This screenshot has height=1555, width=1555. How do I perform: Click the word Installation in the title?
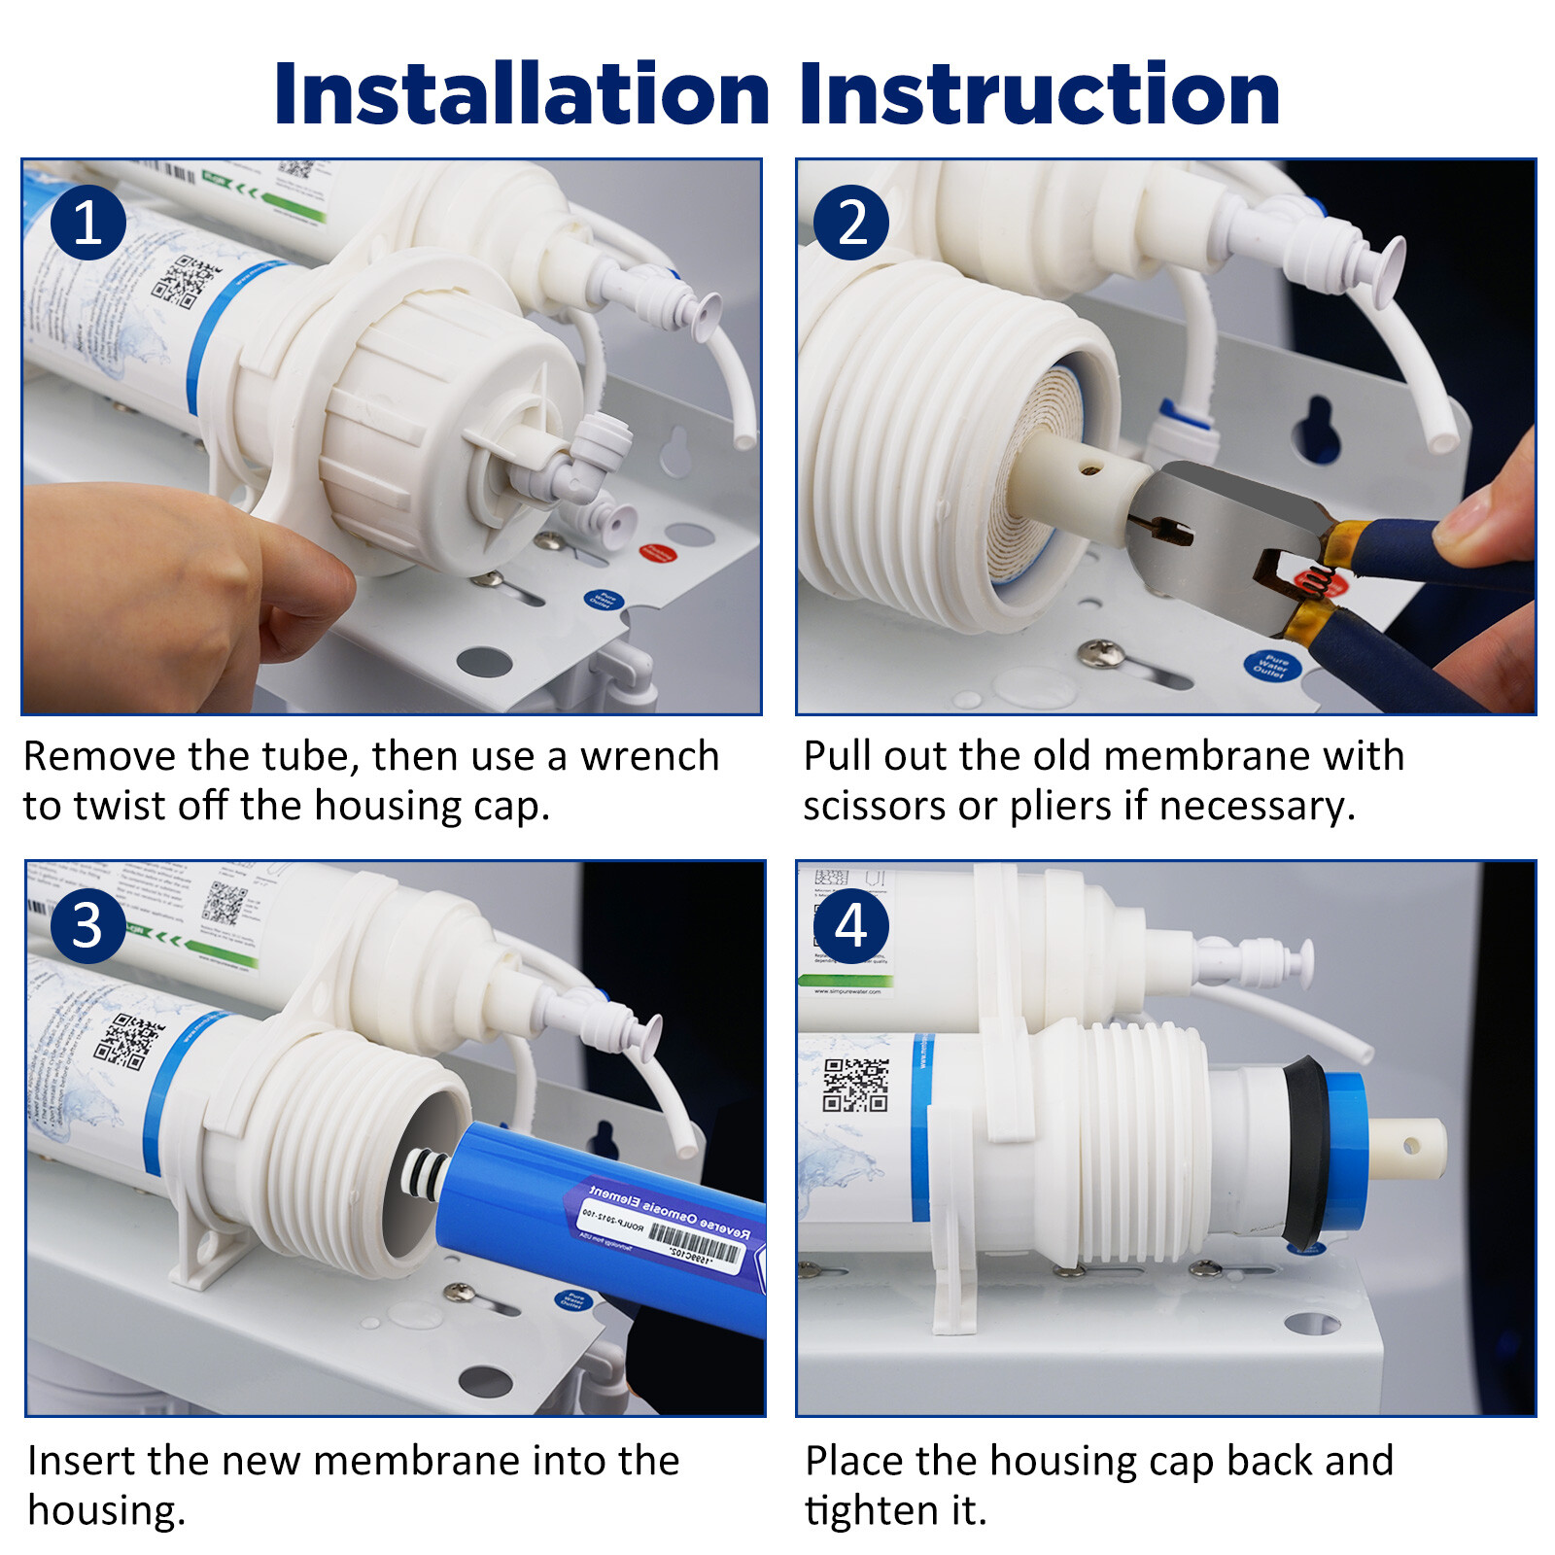[x=522, y=94]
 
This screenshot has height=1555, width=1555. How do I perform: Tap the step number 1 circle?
[x=87, y=223]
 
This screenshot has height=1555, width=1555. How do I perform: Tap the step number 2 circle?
[x=851, y=223]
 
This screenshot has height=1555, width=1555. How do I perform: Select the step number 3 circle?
[x=87, y=925]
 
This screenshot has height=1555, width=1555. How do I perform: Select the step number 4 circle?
[x=851, y=925]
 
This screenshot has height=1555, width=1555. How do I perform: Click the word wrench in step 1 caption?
[x=649, y=756]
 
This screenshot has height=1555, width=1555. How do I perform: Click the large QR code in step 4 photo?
[x=855, y=1085]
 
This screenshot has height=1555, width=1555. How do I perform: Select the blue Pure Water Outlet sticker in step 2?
[x=1270, y=666]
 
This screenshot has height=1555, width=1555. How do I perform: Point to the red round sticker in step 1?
[x=658, y=554]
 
